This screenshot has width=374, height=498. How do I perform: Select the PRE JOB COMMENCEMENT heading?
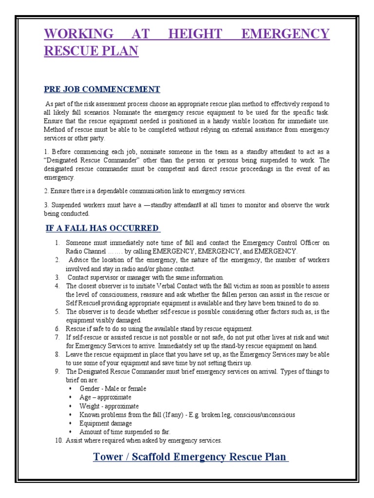(102, 89)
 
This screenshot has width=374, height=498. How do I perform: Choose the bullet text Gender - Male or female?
(112, 389)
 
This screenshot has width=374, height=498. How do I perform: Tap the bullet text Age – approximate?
(105, 397)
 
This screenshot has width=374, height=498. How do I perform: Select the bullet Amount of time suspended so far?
(125, 432)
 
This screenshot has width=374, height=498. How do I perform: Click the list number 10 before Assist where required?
(58, 441)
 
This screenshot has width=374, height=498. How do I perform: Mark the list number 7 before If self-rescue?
(57, 337)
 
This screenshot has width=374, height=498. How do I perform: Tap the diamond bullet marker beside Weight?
(70, 406)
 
